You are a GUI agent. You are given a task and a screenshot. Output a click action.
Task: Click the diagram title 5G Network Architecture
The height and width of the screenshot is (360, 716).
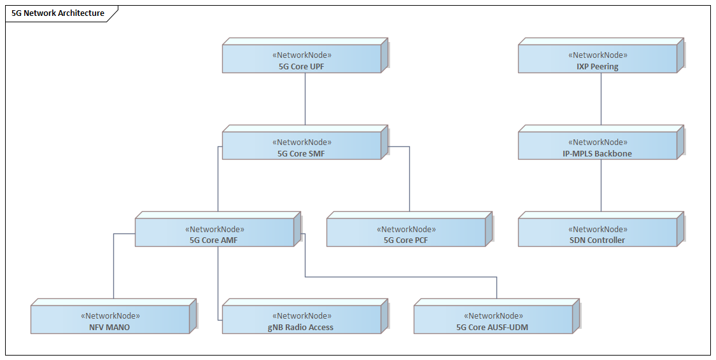[58, 13]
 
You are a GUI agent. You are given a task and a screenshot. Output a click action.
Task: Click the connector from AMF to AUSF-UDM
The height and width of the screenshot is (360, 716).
[401, 277]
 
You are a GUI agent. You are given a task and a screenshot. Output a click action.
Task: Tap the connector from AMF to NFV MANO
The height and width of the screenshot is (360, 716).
[114, 267]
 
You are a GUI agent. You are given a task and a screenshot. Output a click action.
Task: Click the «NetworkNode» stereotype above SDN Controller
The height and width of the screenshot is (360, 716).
[598, 229]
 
